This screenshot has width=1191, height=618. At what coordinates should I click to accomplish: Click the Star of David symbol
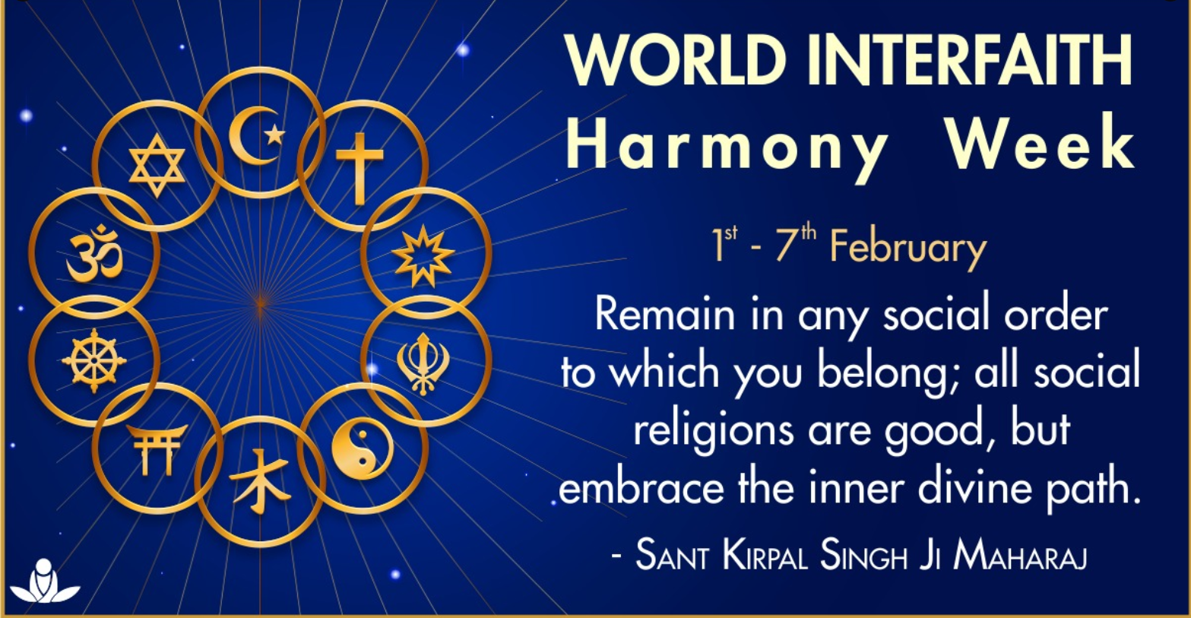[x=157, y=166]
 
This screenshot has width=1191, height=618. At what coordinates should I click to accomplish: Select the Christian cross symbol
[x=360, y=169]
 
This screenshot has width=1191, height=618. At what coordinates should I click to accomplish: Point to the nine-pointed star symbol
[x=423, y=256]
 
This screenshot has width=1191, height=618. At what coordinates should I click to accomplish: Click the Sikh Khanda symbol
[x=423, y=364]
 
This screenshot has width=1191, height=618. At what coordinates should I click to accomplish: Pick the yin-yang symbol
[x=362, y=448]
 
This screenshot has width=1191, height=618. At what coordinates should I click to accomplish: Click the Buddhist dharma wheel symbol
[x=94, y=360]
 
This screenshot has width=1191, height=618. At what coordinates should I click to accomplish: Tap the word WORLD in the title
[x=676, y=59]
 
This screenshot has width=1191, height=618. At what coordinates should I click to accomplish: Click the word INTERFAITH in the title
[x=971, y=59]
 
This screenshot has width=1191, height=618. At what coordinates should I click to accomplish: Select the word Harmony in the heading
[x=727, y=144]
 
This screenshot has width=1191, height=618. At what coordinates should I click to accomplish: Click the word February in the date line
[x=908, y=249]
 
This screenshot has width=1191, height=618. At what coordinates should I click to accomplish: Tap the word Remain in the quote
[x=664, y=314]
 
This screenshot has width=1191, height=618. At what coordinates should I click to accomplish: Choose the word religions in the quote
[x=714, y=431]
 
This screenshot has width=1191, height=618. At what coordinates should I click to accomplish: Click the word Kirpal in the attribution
[x=765, y=556]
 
